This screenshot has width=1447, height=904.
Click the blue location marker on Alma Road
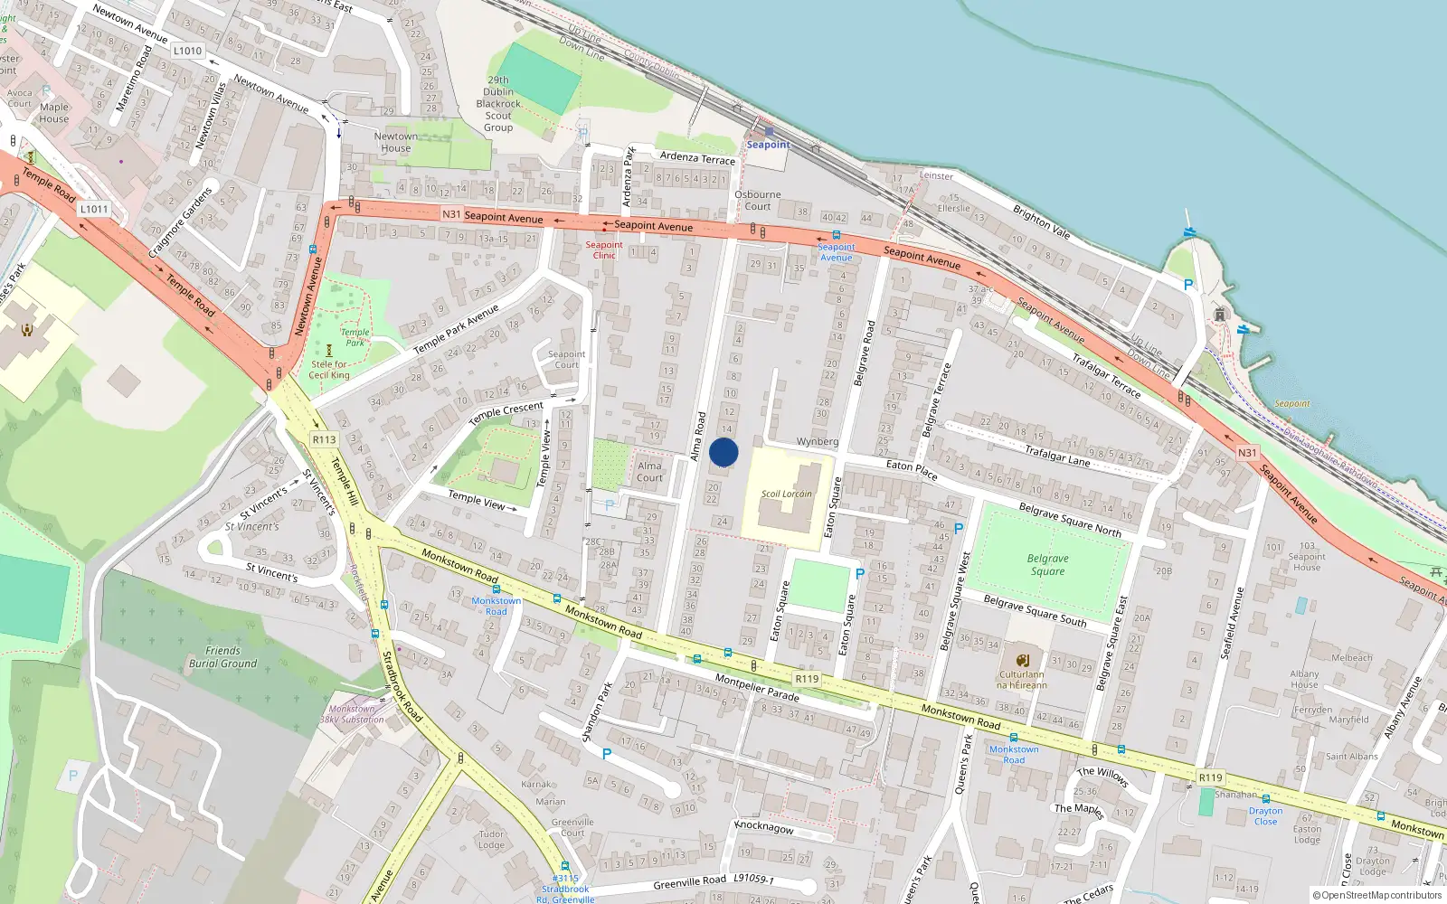pyautogui.click(x=723, y=452)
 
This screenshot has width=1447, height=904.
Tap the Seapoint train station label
pyautogui.click(x=768, y=145)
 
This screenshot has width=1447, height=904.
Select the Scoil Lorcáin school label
pyautogui.click(x=786, y=494)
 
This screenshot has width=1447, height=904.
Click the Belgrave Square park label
pyautogui.click(x=1047, y=565)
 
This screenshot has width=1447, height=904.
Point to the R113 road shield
pyautogui.click(x=324, y=439)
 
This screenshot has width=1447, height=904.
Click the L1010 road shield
pyautogui.click(x=187, y=51)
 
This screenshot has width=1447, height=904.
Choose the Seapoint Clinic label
pyautogui.click(x=604, y=250)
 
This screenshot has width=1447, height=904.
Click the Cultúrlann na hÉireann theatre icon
pyautogui.click(x=1023, y=661)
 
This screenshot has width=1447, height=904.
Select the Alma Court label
pyautogui.click(x=649, y=472)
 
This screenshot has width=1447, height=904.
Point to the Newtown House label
pyautogui.click(x=395, y=143)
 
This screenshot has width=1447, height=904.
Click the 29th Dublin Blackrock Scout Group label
pyautogui.click(x=498, y=104)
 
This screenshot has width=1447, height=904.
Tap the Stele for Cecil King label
pyautogui.click(x=329, y=370)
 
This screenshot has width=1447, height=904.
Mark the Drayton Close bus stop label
pyautogui.click(x=1265, y=815)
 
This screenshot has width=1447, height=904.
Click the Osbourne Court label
pyautogui.click(x=758, y=200)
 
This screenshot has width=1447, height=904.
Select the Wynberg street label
pyautogui.click(x=817, y=442)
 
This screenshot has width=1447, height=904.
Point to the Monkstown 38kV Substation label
pyautogui.click(x=353, y=714)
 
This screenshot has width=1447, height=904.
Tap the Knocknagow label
pyautogui.click(x=764, y=827)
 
